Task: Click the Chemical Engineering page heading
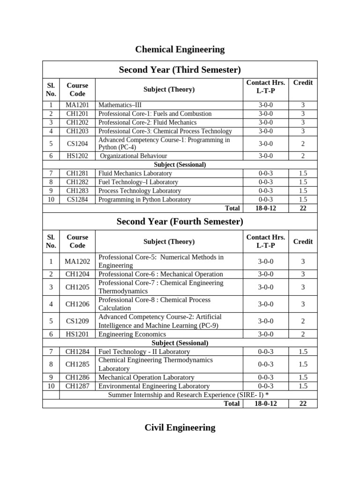[180, 49]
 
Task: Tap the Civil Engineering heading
[180, 427]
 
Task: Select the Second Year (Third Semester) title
[180, 70]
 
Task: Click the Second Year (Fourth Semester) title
[180, 221]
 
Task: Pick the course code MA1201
[77, 105]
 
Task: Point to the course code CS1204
[77, 144]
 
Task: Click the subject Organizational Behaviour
[134, 156]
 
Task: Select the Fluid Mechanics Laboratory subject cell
[135, 173]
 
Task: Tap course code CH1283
[77, 191]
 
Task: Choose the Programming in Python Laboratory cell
[144, 200]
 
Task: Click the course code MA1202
[77, 261]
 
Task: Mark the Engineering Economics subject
[132, 334]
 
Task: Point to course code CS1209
[77, 321]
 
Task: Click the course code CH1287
[77, 386]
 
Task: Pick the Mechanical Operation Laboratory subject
[146, 377]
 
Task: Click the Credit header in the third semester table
[303, 83]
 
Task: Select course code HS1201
[77, 334]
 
